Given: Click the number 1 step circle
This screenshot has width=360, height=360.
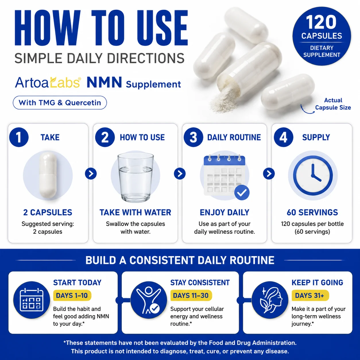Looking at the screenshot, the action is (19, 137).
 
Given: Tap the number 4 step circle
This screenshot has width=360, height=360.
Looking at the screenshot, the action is (283, 137).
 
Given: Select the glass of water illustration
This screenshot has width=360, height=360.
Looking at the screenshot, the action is (136, 178).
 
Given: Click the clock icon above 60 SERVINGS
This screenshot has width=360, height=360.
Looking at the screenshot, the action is (313, 176).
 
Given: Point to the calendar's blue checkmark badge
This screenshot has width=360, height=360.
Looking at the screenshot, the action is (242, 193).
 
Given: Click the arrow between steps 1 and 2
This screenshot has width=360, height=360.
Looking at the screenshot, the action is (91, 174).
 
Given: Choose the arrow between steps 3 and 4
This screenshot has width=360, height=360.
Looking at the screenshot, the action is (269, 174).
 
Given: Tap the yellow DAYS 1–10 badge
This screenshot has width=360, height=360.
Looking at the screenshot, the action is (72, 295).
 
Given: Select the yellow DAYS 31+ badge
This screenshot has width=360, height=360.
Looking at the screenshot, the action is (310, 295).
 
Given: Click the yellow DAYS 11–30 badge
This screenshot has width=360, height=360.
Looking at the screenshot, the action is (191, 295).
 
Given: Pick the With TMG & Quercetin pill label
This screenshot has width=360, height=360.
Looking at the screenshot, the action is (60, 102).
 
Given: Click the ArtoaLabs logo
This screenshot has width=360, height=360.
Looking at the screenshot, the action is (48, 82).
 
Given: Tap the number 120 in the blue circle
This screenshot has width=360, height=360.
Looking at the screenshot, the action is (321, 22).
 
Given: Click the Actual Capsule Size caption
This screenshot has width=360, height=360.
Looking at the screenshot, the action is (333, 104).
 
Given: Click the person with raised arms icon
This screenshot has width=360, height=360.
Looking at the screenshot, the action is (148, 300).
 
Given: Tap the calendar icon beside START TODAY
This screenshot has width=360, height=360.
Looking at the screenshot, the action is (31, 300).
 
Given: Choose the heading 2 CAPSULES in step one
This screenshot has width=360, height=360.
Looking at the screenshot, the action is (48, 212).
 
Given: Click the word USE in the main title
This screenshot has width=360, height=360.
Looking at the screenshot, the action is (162, 28).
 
